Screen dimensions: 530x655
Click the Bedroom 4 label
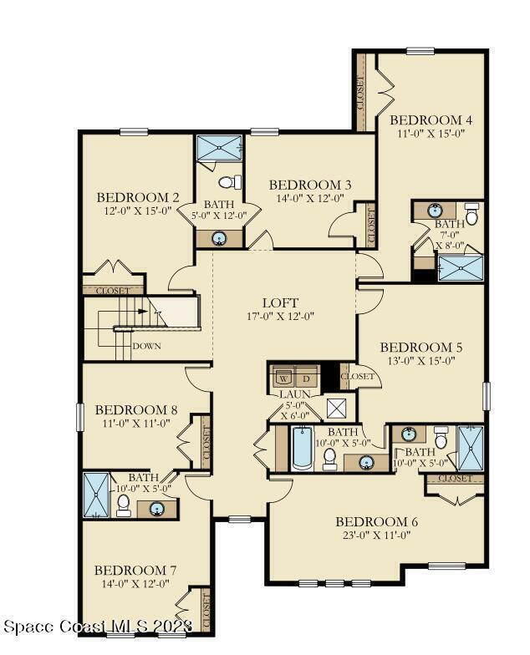click(x=431, y=120)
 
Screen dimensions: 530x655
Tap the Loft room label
click(x=280, y=302)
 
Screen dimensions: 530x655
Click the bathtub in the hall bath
click(x=301, y=448)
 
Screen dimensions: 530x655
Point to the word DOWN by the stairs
click(x=147, y=346)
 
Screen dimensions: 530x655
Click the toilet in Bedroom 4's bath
click(x=471, y=214)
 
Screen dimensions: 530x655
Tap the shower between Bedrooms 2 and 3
click(x=219, y=147)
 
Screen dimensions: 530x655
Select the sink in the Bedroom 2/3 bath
click(x=219, y=239)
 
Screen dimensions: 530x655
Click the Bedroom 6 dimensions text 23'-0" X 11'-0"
click(x=377, y=535)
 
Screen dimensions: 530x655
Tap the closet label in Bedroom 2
click(x=113, y=291)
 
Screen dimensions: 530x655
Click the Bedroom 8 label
click(x=136, y=409)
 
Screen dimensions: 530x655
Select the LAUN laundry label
click(x=294, y=394)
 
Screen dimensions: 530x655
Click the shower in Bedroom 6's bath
click(x=471, y=448)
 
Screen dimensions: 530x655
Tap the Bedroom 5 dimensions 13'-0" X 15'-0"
click(x=421, y=361)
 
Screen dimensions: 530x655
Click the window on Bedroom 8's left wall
click(x=80, y=416)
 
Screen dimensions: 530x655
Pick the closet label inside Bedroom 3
click(x=371, y=226)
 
